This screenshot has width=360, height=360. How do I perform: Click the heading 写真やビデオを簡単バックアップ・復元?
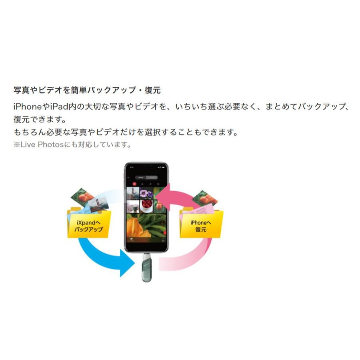coord(87,90)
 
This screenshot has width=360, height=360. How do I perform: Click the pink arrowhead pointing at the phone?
coord(162,193)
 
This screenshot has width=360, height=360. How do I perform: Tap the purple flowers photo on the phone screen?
coord(147,194)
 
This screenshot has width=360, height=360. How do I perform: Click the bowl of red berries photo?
coord(147,206)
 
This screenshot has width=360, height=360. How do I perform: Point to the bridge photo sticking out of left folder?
coord(99,206)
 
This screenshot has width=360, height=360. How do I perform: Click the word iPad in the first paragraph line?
coord(57,107)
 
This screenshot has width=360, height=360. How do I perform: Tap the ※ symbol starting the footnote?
coord(17,144)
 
